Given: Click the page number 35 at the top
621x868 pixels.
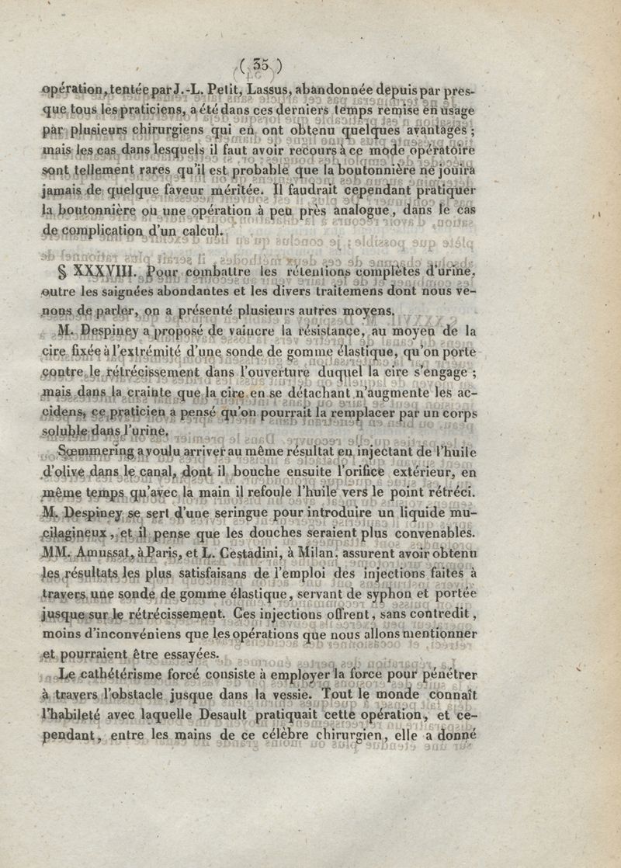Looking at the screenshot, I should pyautogui.click(x=262, y=68).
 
